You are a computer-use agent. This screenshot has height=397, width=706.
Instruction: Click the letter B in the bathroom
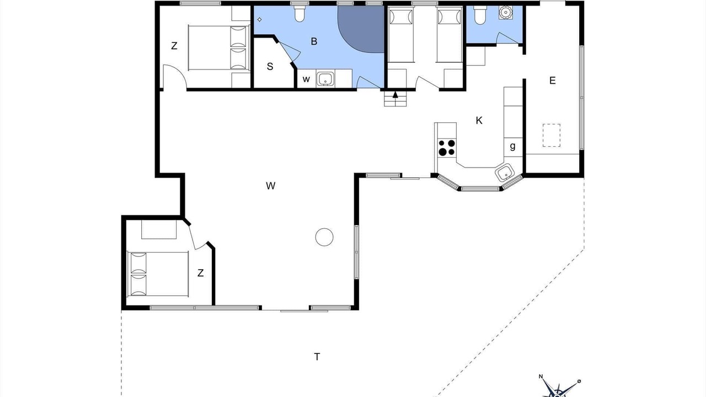314,41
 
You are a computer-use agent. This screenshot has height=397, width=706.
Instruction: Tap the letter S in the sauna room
270,67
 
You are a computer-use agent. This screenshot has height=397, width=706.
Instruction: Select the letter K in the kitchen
479,120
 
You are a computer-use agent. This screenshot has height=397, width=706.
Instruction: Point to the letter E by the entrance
552,81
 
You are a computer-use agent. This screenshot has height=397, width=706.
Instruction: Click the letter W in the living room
270,186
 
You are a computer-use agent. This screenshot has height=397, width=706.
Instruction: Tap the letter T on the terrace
317,357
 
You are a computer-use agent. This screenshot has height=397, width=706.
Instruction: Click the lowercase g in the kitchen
512,146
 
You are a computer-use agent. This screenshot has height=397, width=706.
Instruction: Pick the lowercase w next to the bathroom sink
306,79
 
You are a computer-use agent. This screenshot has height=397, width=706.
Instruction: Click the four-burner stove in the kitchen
447,148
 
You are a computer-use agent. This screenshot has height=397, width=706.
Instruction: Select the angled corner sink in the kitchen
505,173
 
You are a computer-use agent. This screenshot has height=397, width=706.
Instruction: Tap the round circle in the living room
324,237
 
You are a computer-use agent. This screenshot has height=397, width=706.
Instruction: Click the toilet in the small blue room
480,15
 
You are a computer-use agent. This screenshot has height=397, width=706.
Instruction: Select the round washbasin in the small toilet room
506,13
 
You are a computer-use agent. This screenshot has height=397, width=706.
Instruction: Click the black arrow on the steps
395,95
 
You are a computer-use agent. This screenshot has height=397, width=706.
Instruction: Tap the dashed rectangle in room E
552,135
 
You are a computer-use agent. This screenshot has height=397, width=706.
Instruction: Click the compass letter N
541,376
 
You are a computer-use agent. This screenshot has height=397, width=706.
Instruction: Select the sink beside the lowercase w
325,79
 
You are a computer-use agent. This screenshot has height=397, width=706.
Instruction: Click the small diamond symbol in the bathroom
259,19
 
